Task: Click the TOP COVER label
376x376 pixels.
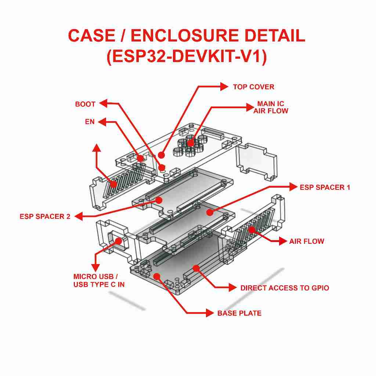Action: pos(253,87)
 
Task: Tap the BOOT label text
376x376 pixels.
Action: pos(85,104)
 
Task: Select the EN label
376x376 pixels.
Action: pos(90,122)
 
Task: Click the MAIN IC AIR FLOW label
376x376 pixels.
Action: pos(271,107)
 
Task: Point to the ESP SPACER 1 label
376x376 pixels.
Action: pos(325,187)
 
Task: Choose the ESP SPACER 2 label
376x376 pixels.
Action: pos(45,217)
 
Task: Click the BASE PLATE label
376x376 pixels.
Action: pos(239,314)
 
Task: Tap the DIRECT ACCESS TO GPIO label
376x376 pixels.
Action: pos(285,288)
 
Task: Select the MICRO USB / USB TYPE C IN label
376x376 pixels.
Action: pos(99,281)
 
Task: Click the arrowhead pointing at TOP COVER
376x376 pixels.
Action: pos(224,87)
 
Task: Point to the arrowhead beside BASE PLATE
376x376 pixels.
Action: pos(210,313)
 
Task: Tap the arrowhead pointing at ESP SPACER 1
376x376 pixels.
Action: pos(293,187)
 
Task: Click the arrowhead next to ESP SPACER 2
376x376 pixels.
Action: pos(78,217)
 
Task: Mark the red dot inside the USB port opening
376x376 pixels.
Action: pos(118,241)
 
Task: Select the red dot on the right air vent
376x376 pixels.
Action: pos(252,230)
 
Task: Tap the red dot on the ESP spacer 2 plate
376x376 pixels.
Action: pos(159,200)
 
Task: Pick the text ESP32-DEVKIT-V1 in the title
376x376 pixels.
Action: pos(187,57)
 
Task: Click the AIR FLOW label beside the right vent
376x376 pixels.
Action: pos(307,242)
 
